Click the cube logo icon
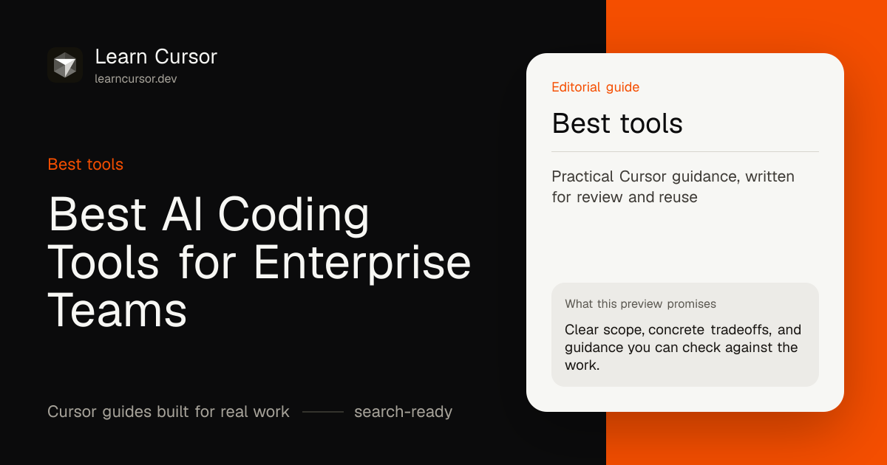point(65,65)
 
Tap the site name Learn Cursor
point(156,57)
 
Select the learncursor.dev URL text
point(136,79)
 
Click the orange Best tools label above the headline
point(86,164)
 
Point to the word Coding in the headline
point(293,216)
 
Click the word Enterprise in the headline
point(362,263)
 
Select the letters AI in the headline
point(183,213)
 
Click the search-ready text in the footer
point(403,412)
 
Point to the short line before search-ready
point(323,412)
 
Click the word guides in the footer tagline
point(126,412)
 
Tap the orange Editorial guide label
point(596,87)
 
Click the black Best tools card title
point(617,123)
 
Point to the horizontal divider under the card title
point(685,151)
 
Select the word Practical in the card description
point(583,176)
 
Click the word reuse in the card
point(678,197)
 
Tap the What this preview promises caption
point(640,303)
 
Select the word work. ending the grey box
point(582,365)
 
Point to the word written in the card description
point(769,176)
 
